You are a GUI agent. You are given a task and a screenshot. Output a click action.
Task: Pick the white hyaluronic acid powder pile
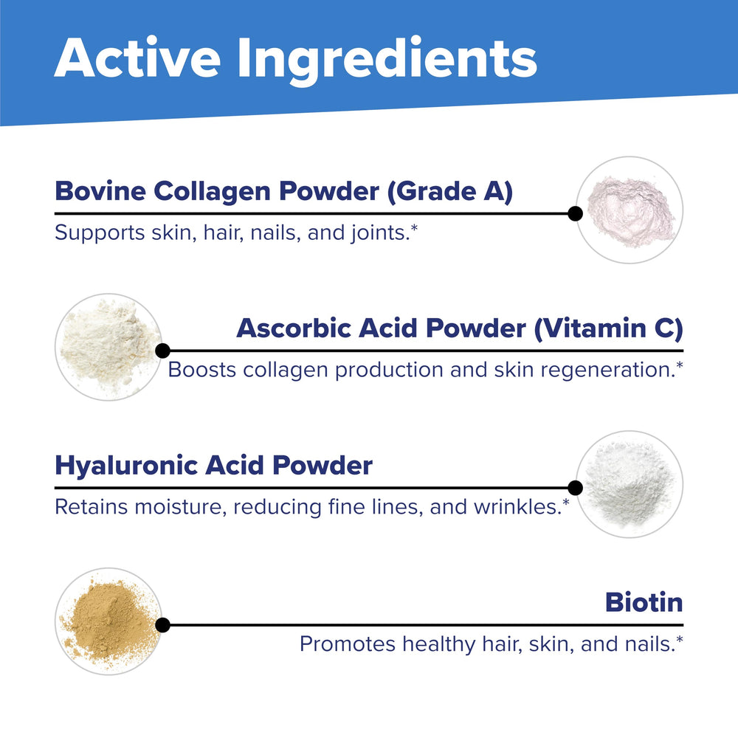pyautogui.click(x=628, y=483)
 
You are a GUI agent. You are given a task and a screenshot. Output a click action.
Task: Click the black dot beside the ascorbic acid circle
pyautogui.click(x=163, y=351)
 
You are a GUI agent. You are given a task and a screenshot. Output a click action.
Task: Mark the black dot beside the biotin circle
pyautogui.click(x=163, y=625)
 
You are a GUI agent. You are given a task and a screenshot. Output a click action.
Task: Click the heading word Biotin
pyautogui.click(x=644, y=602)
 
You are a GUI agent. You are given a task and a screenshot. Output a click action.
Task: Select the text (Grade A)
pyautogui.click(x=451, y=192)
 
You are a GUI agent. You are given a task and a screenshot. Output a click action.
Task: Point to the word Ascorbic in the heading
pyautogui.click(x=293, y=328)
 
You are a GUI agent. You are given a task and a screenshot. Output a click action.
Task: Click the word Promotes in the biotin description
pyautogui.click(x=346, y=644)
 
